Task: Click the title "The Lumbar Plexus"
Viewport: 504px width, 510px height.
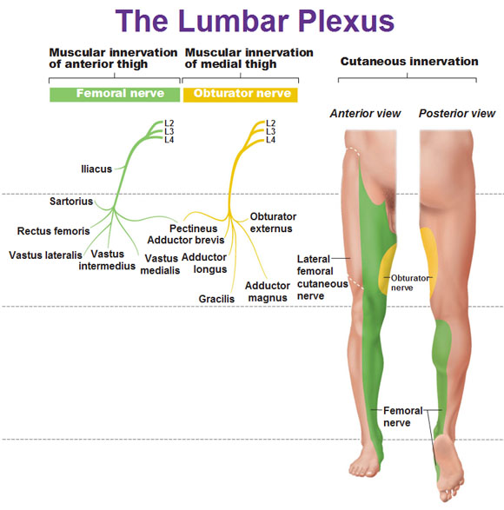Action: [255, 21]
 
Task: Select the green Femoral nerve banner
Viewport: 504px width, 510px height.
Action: [115, 95]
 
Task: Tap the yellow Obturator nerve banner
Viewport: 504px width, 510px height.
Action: [241, 95]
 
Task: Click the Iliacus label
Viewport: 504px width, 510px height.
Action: [96, 169]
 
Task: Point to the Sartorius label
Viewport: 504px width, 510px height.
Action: [71, 202]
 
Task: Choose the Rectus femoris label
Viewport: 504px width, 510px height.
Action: [53, 231]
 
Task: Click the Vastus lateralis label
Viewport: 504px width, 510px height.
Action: [45, 255]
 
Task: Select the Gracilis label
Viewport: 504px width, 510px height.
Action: [216, 299]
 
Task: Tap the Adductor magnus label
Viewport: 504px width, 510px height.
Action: [268, 292]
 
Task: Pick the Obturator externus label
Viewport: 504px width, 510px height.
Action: [273, 222]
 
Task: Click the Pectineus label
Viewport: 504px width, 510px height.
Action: [193, 229]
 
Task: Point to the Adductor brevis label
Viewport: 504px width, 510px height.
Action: [186, 240]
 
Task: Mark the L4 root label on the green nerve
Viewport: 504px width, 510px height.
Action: [169, 140]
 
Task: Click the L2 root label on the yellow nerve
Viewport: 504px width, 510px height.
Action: [270, 123]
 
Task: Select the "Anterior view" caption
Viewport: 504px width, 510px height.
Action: [365, 113]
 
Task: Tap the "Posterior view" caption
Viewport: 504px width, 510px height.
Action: [457, 113]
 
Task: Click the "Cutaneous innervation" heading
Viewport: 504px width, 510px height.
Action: [409, 61]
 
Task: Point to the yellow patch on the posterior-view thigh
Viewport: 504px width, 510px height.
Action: [428, 262]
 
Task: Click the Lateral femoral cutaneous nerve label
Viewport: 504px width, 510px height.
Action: [322, 277]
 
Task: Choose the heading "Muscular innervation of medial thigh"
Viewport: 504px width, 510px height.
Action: [249, 58]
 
